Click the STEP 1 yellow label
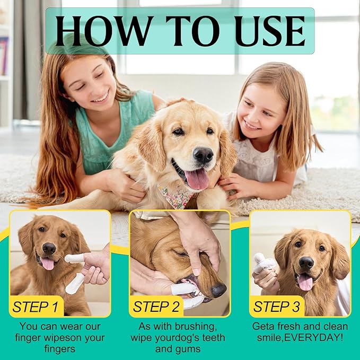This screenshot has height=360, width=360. click(x=36, y=306)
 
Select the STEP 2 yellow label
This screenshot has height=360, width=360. click(x=156, y=306)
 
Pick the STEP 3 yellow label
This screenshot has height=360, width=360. click(x=276, y=306)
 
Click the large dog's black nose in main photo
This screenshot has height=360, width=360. click(x=203, y=155)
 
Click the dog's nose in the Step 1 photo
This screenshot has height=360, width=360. click(x=49, y=248)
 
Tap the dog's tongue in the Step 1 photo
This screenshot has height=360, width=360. click(x=48, y=263)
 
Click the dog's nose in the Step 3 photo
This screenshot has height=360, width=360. click(x=306, y=262)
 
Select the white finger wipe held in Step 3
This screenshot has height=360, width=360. click(x=264, y=263)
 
